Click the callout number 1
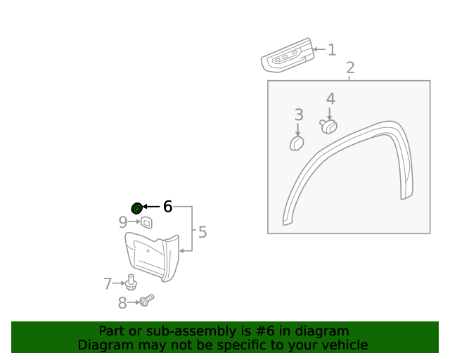(332, 50)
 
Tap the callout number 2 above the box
(350, 68)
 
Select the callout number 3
(299, 115)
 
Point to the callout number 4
(330, 100)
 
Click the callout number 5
(202, 232)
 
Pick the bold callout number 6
(167, 207)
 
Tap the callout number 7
(108, 283)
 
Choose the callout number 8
(122, 303)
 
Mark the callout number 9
(123, 222)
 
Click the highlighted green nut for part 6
(137, 207)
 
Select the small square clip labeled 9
(146, 223)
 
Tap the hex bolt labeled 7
(131, 281)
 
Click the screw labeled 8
(146, 301)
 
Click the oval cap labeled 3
(297, 143)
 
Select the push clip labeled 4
(328, 126)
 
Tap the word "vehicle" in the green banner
(343, 345)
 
